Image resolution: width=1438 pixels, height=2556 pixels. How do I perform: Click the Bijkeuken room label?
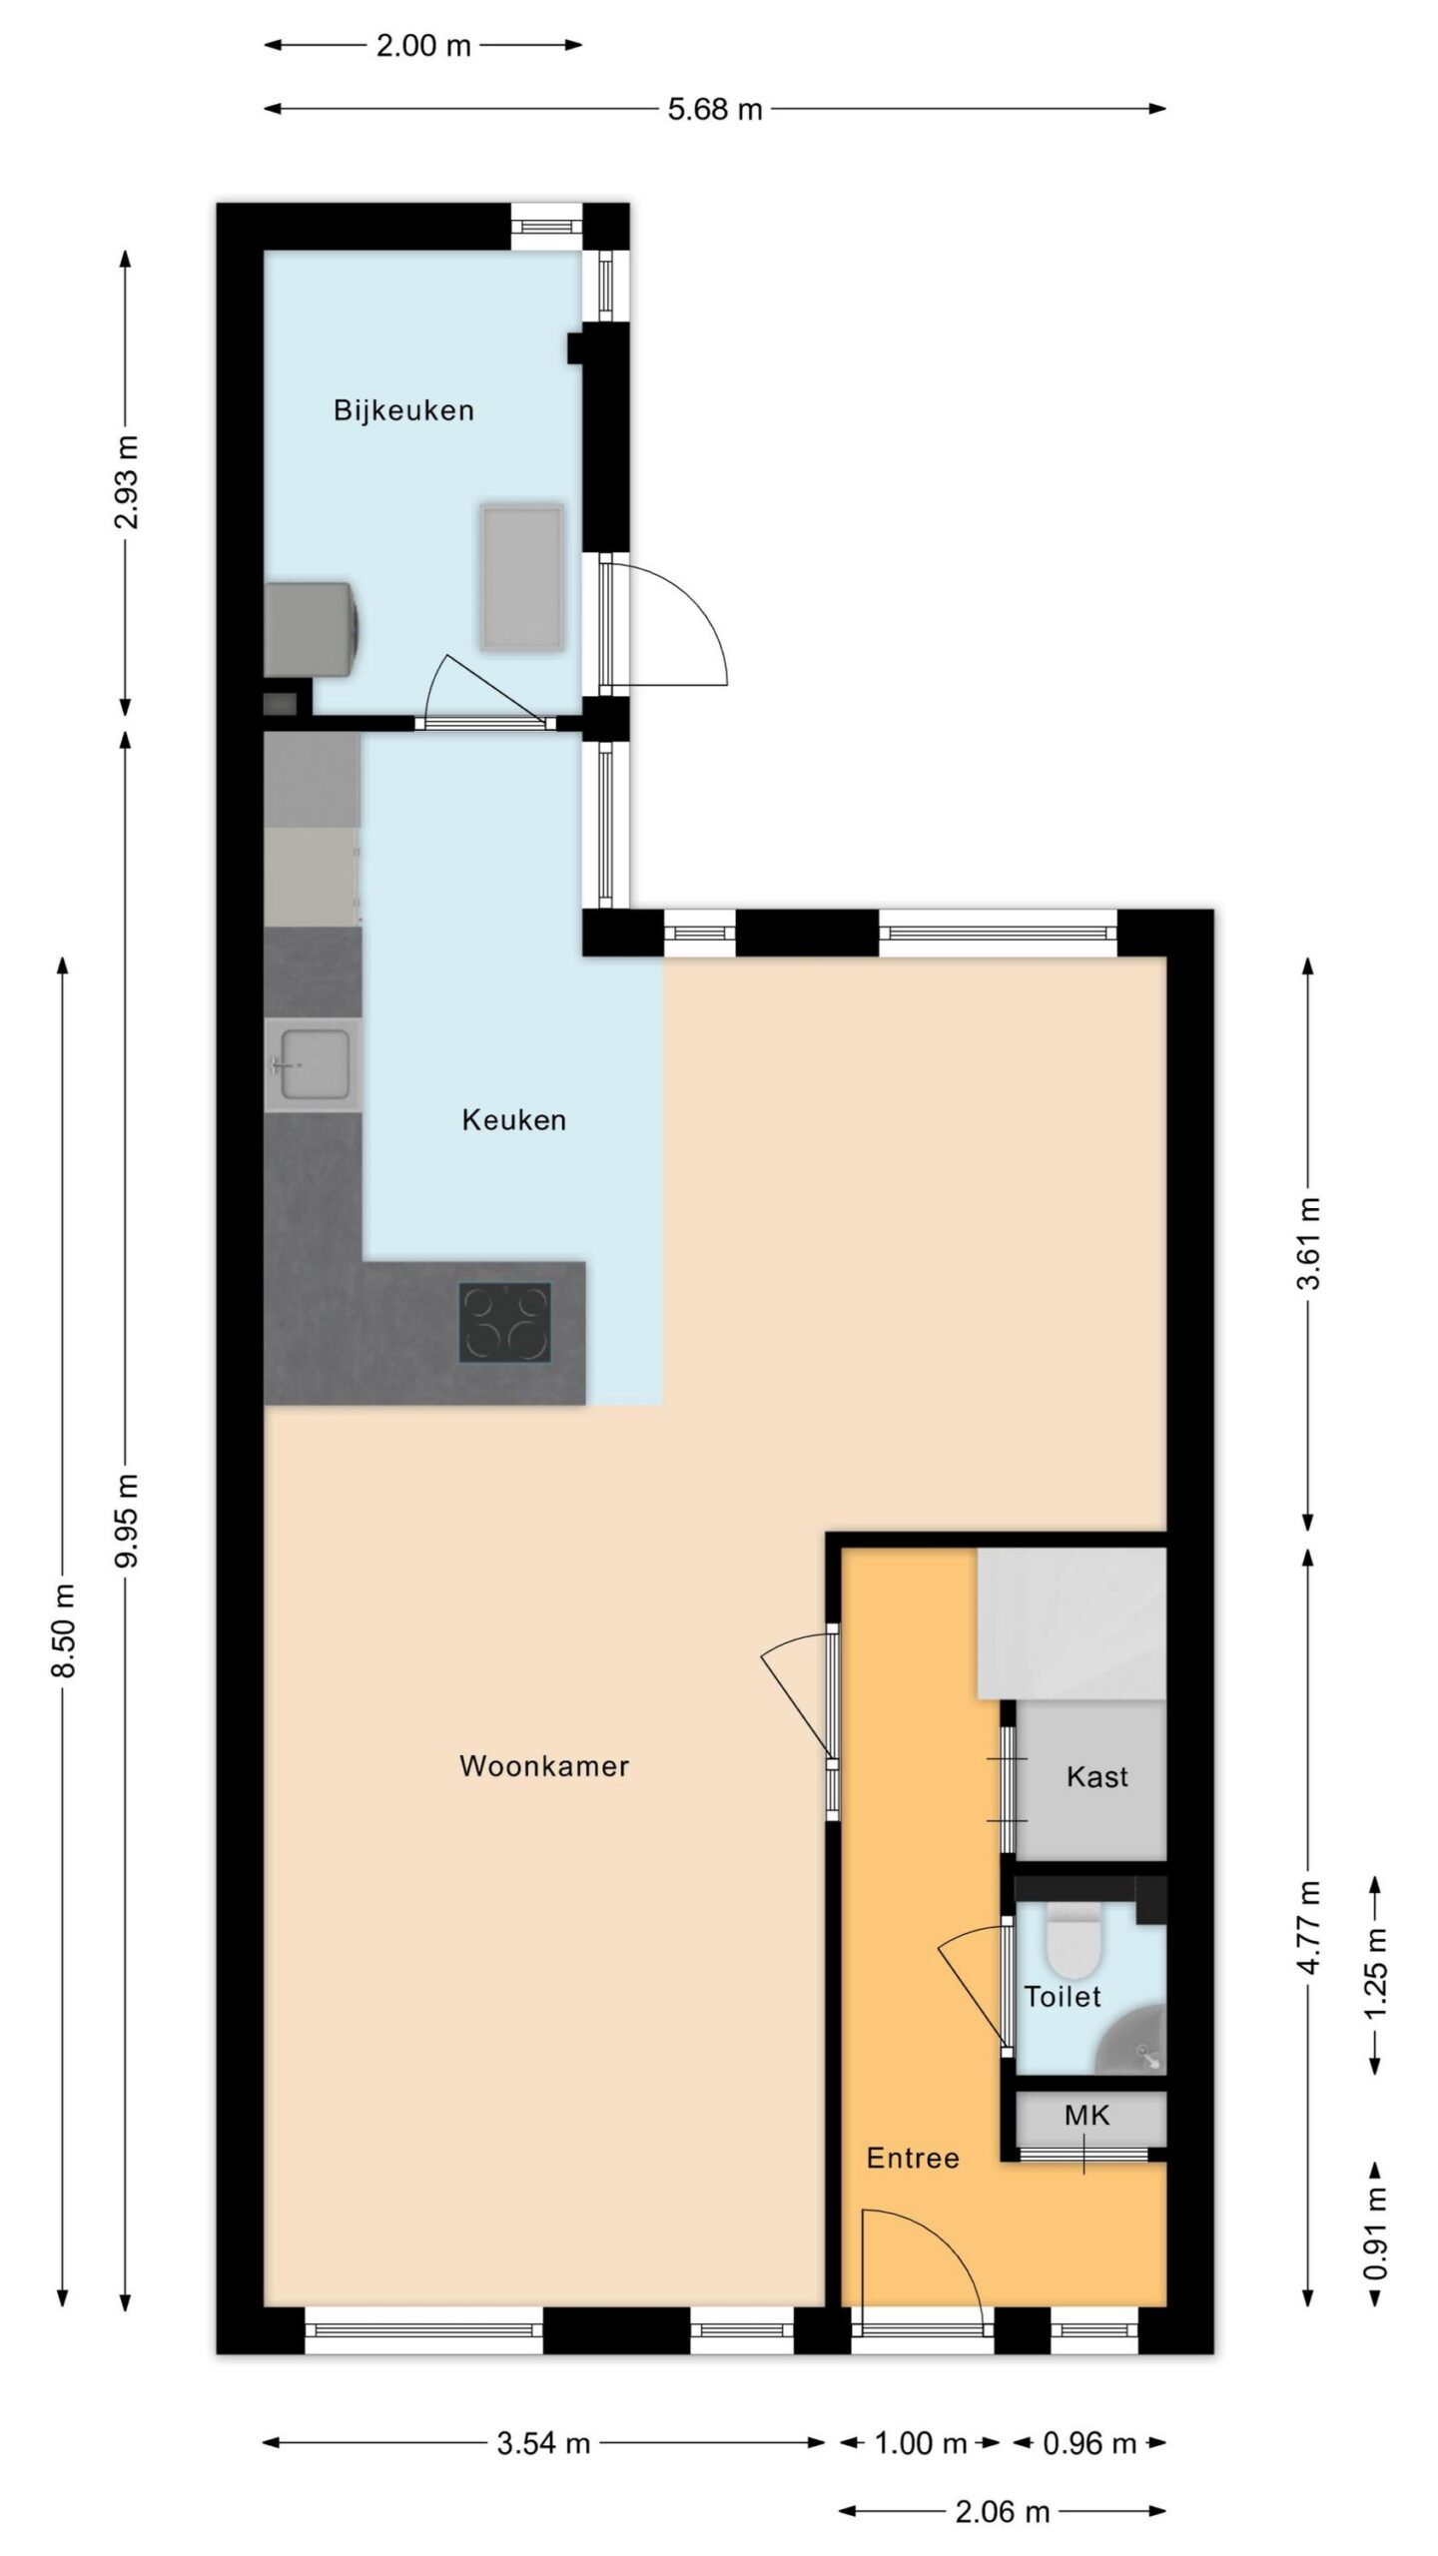pos(403,410)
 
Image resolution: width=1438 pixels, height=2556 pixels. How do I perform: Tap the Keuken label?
pos(513,1120)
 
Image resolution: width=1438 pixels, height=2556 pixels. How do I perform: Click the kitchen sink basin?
pos(313,1065)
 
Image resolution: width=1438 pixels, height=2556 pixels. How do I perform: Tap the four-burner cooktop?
pos(505,1323)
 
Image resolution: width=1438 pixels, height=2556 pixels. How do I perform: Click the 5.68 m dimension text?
pos(715,109)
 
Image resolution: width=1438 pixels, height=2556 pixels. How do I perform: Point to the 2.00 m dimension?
pos(423,46)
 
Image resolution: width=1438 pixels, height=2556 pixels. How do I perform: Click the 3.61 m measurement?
pos(1309,1243)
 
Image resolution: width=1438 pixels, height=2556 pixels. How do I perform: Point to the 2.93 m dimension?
pos(127,482)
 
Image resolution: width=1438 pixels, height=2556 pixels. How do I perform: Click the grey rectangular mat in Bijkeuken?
pos(521,577)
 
